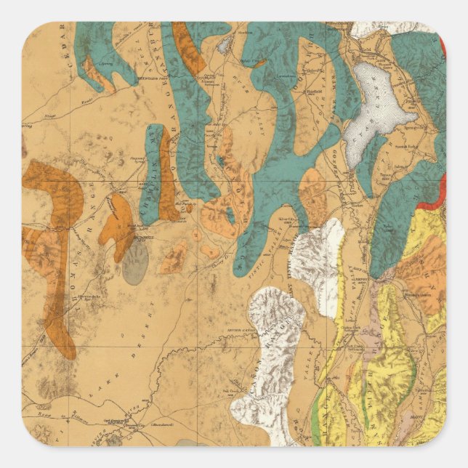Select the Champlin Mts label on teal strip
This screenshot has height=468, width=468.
pyautogui.click(x=155, y=174)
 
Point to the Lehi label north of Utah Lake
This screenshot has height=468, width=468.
pyautogui.click(x=363, y=58)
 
